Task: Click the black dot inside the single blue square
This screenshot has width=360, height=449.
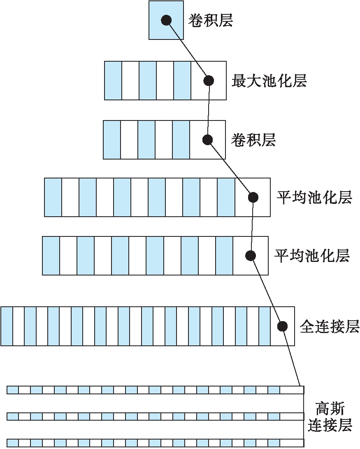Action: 166,20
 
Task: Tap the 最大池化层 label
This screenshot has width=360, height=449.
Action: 269,81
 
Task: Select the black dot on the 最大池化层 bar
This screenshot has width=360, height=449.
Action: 209,81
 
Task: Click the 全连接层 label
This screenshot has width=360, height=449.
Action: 330,326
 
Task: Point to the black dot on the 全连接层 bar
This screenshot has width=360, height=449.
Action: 282,326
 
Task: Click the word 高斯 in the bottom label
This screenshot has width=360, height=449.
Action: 330,409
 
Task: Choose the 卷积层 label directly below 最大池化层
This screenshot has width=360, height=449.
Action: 253,140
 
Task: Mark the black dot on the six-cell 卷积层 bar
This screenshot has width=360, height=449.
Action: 208,140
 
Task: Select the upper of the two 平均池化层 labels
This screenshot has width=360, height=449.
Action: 314,197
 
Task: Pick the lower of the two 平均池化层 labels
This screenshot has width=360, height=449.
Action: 312,256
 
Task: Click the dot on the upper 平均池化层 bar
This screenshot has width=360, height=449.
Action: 253,197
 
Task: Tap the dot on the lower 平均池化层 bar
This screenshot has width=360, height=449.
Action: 250,256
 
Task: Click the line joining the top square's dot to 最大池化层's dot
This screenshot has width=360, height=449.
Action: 187,50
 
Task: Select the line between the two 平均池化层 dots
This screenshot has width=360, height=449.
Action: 252,227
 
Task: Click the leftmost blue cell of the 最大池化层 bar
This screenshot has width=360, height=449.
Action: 113,81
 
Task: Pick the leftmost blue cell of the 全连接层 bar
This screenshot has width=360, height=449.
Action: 7,326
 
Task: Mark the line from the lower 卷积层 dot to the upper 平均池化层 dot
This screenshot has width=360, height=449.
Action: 230,169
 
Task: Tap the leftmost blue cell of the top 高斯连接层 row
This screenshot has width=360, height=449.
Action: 13,390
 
